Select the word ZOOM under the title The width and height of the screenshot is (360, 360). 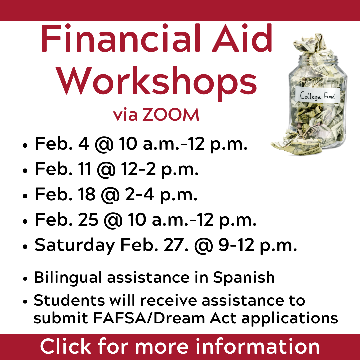[170, 114]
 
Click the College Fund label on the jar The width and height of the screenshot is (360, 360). [317, 95]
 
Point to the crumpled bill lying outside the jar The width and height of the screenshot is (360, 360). [296, 143]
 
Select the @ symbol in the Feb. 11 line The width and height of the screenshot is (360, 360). [106, 170]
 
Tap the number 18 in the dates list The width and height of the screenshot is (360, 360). [86, 194]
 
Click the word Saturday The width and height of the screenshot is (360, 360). [75, 246]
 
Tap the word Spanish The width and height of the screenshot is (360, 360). [244, 278]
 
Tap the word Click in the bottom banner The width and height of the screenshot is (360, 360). [66, 346]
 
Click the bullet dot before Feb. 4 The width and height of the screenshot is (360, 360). [25, 146]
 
